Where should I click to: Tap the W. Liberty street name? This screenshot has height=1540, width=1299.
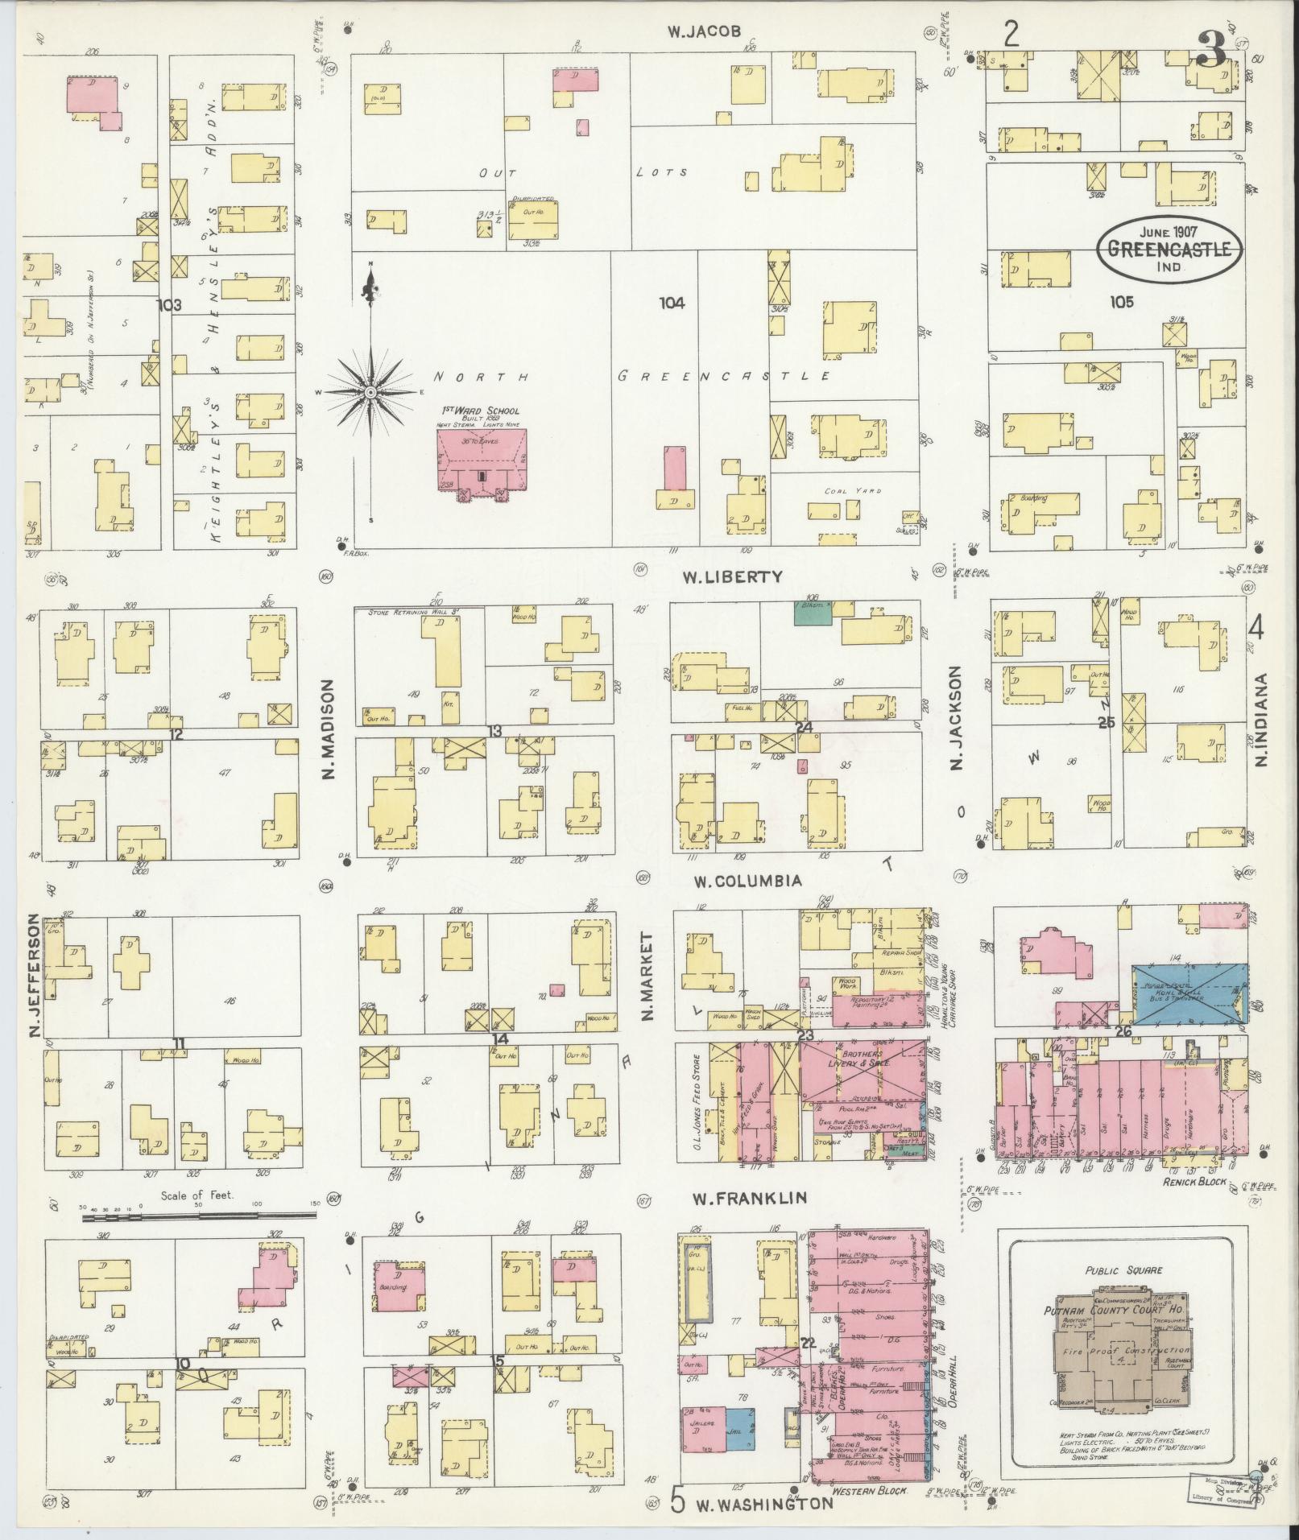[732, 576]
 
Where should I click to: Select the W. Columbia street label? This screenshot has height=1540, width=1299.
[748, 881]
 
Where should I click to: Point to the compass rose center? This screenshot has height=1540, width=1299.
[370, 392]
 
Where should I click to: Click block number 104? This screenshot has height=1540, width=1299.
[671, 303]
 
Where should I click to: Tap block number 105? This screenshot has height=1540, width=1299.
[1121, 302]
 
